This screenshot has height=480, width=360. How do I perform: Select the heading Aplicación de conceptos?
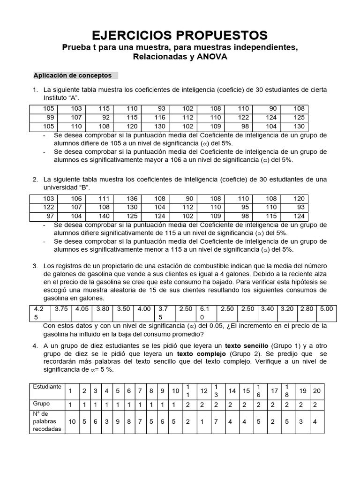(73, 75)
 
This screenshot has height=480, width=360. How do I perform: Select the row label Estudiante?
(46, 387)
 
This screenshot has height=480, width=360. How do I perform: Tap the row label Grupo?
(41, 403)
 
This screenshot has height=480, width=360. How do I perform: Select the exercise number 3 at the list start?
(35, 266)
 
